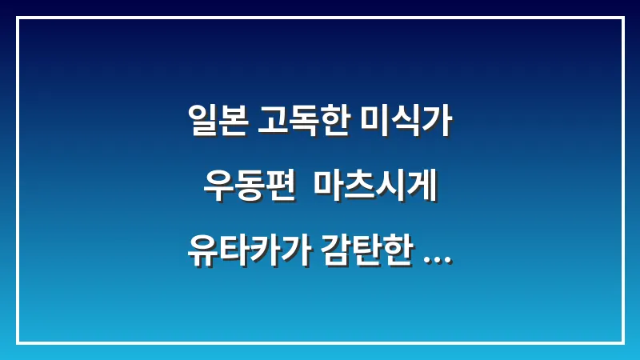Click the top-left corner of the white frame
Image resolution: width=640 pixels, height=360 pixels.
pos(18,18)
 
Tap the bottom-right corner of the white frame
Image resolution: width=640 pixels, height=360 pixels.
pos(622,342)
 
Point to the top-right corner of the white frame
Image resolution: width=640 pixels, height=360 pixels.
pos(622,18)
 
